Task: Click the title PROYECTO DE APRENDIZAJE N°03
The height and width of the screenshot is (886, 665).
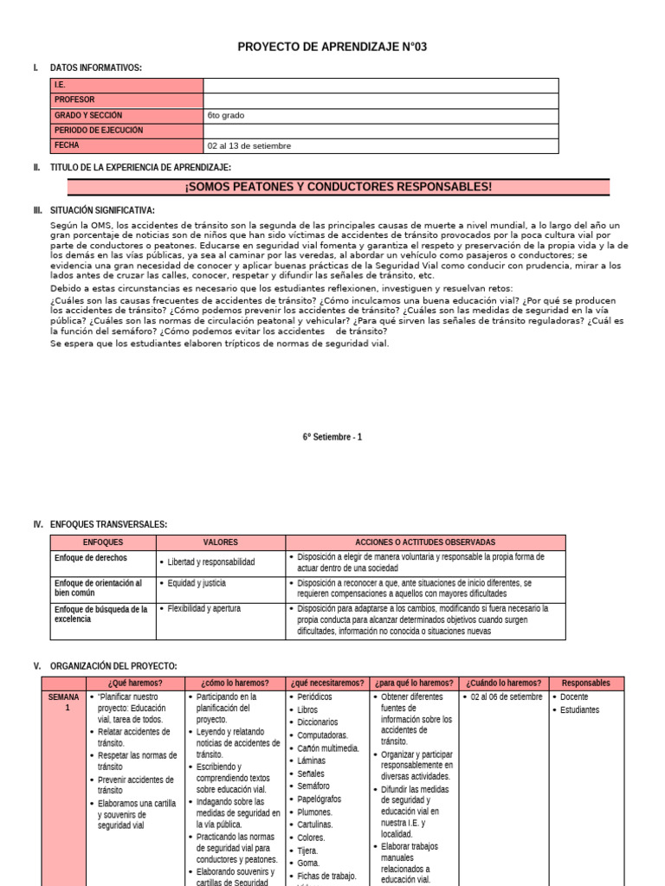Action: click(x=332, y=46)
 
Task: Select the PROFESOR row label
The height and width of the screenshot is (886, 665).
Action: click(x=74, y=100)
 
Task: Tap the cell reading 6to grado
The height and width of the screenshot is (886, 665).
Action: click(x=223, y=115)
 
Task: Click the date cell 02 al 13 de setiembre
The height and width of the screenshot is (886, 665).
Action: click(x=249, y=145)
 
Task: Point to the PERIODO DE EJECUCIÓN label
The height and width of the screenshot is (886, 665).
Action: click(x=99, y=131)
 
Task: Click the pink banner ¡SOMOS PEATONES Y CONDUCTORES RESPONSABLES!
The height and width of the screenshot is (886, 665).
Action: click(x=338, y=187)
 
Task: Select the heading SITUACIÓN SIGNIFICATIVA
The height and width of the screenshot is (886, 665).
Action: click(x=102, y=210)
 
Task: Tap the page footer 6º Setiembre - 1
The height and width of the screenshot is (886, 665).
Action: click(x=332, y=437)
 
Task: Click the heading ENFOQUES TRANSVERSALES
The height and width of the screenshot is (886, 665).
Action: click(x=108, y=524)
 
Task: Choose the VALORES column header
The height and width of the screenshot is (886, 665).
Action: click(x=220, y=543)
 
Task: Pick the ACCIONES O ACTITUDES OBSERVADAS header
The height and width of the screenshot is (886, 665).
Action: click(x=425, y=543)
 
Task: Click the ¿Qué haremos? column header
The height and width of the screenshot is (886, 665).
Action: click(x=136, y=683)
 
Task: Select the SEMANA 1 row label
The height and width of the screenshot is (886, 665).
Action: click(x=63, y=703)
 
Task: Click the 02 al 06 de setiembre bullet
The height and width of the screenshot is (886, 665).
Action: click(x=506, y=697)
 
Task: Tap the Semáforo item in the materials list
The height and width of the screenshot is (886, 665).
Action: click(x=313, y=786)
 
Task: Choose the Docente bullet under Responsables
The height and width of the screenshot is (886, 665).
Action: click(x=574, y=697)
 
